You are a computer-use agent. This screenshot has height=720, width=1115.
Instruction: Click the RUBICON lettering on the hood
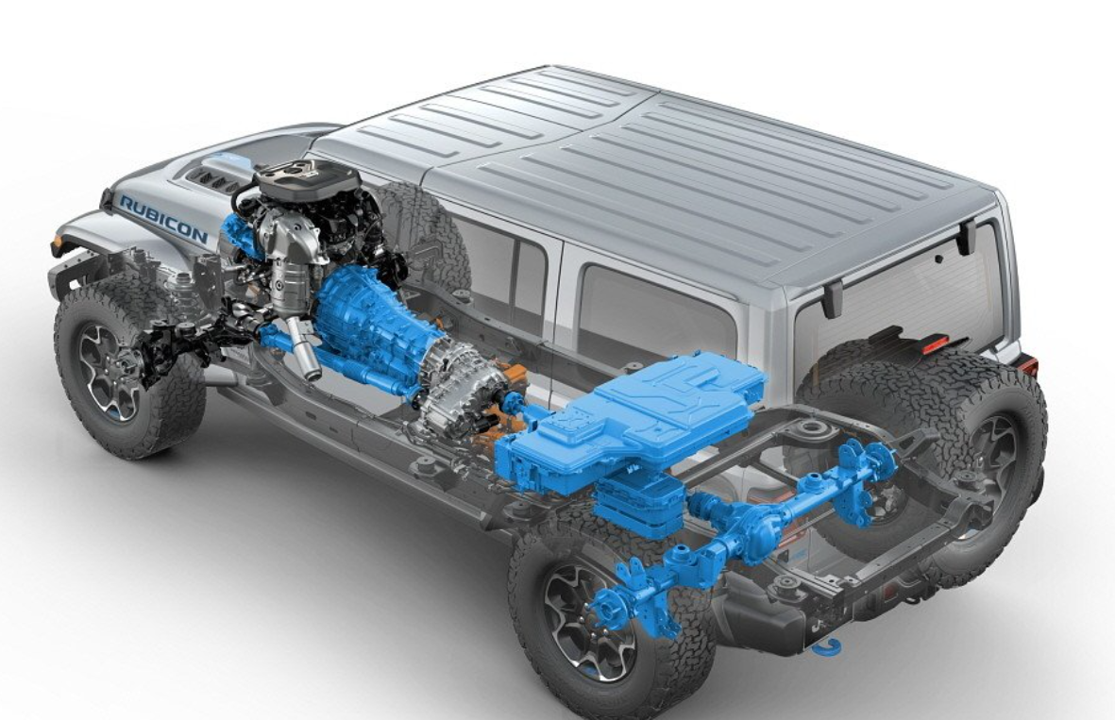coord(163,220)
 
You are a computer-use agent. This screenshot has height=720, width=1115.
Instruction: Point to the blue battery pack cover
coord(640,418)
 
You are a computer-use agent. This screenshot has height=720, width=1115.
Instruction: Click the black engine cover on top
coord(307,178)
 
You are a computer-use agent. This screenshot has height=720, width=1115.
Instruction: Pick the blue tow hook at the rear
coord(827,646)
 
